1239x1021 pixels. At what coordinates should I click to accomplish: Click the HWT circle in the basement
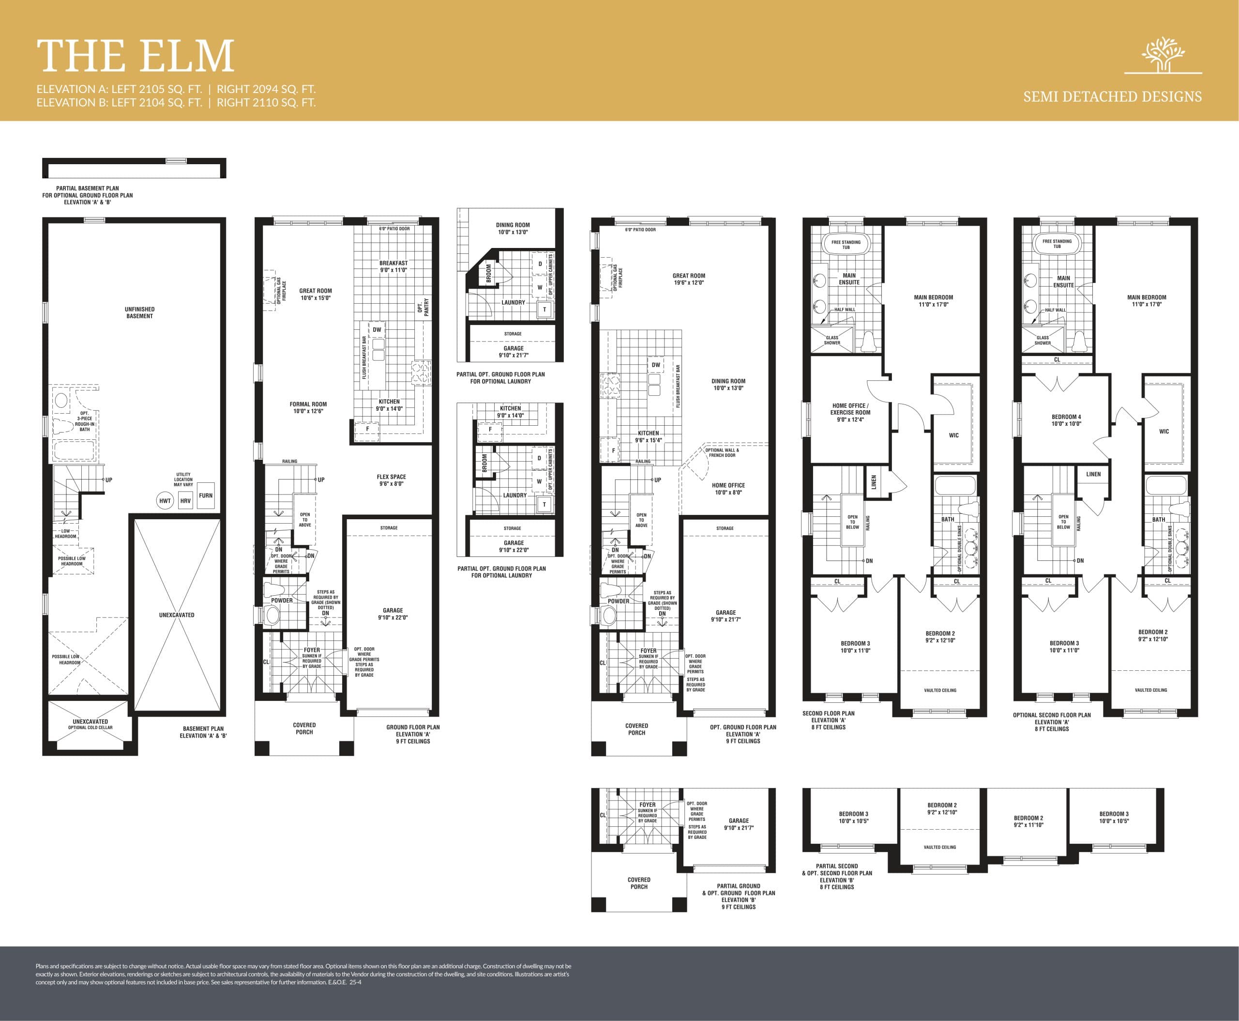tap(165, 501)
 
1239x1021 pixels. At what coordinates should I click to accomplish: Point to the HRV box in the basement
tap(185, 501)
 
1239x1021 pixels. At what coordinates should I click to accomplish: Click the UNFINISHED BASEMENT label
tap(139, 312)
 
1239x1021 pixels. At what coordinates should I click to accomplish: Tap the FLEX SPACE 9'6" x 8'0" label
tap(392, 480)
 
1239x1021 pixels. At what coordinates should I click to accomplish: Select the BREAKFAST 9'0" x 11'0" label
tap(393, 266)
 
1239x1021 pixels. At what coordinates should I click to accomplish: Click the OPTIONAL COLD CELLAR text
tap(90, 727)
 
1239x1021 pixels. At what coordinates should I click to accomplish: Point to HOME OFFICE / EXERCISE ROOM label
tap(850, 412)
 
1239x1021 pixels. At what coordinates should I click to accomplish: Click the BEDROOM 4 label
tap(1066, 420)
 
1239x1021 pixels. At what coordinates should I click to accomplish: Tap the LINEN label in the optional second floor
tap(1093, 474)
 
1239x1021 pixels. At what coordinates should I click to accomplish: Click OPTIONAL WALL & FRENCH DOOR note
tap(722, 452)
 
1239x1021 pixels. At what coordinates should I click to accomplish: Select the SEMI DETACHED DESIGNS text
tap(1112, 96)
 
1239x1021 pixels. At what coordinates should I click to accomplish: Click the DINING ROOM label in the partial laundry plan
tap(513, 228)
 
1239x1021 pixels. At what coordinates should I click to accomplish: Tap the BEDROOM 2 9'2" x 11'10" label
tap(1028, 821)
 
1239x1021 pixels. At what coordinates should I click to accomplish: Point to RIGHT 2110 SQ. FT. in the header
tap(266, 102)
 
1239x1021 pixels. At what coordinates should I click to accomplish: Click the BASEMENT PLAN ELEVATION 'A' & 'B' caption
tap(203, 732)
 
